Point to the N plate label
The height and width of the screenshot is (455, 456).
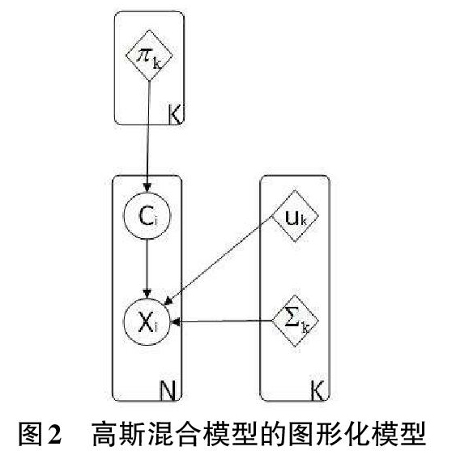[168, 390]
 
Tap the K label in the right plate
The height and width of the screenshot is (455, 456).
[317, 390]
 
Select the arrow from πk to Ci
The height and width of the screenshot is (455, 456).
[148, 137]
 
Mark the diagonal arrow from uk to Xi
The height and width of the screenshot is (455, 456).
[218, 261]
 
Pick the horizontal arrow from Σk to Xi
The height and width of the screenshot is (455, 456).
[222, 321]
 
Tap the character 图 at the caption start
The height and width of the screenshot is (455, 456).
[30, 434]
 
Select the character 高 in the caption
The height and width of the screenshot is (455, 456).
[104, 434]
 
